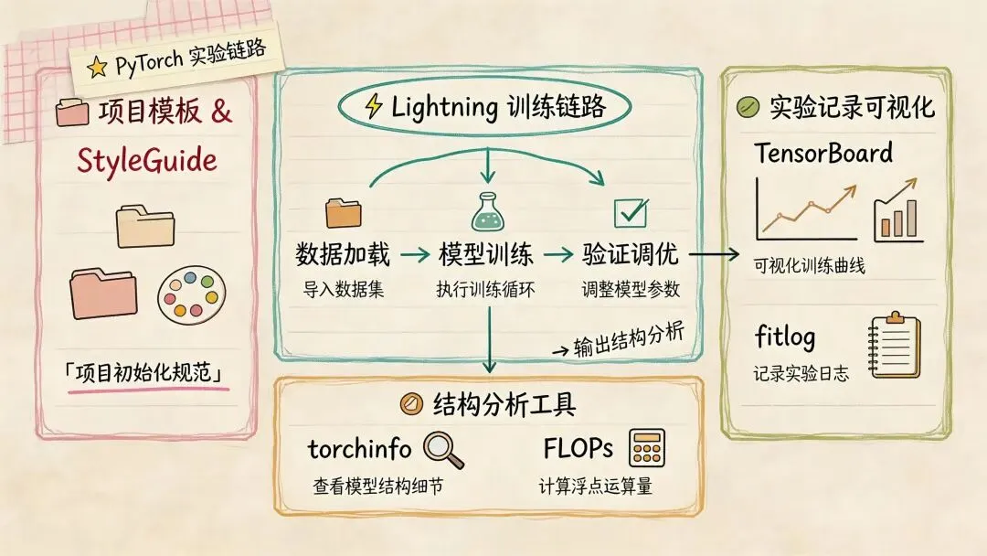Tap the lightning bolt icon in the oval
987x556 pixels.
374,107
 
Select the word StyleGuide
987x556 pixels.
148,160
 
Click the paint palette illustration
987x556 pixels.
189,292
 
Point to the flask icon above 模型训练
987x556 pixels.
486,212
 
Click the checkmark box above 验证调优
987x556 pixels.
631,213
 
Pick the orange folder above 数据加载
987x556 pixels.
344,212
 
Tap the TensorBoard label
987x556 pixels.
823,152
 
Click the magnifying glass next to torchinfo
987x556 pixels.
443,450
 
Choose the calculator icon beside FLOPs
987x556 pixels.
647,449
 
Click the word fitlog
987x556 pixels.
785,337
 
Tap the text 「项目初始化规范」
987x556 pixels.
147,374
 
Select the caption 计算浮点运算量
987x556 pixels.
595,486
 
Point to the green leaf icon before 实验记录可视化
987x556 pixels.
748,108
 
